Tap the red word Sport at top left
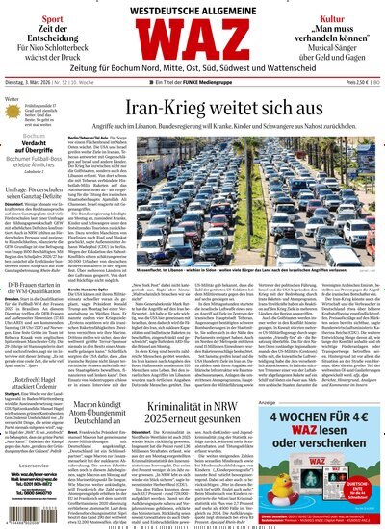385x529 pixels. click(x=51, y=17)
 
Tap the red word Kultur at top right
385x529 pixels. click(x=333, y=17)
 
